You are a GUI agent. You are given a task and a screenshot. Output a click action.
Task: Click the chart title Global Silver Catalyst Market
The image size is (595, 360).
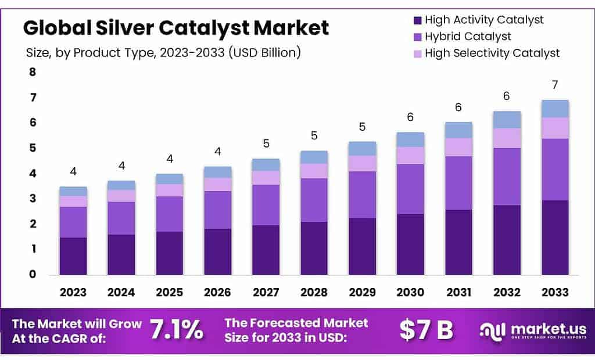pyautogui.click(x=176, y=27)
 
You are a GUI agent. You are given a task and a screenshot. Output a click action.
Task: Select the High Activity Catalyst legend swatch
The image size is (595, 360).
pyautogui.click(x=417, y=20)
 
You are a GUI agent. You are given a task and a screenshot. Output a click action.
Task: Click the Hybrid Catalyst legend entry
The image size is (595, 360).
pyautogui.click(x=468, y=37)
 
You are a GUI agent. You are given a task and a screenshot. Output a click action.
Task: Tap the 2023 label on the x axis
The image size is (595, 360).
pyautogui.click(x=73, y=292)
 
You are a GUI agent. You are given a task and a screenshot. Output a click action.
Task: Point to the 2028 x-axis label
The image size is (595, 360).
pyautogui.click(x=314, y=292)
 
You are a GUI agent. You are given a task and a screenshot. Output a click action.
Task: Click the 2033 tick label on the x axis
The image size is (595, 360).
pyautogui.click(x=555, y=292)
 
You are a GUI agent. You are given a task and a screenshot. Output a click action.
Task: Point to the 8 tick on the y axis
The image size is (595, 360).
pyautogui.click(x=33, y=72)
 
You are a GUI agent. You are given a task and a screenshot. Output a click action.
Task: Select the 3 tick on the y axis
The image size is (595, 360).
pyautogui.click(x=33, y=199)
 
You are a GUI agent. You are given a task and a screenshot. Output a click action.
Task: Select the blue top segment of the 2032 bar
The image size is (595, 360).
pyautogui.click(x=507, y=120)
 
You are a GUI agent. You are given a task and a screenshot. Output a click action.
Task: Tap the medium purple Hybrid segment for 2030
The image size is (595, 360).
pyautogui.click(x=410, y=189)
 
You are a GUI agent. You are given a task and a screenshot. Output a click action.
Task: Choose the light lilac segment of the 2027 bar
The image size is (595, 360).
pyautogui.click(x=266, y=178)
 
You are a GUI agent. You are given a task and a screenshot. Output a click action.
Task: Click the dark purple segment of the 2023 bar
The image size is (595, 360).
pyautogui.click(x=73, y=255)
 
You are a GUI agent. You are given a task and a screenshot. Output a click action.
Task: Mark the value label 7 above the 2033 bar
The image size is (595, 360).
pyautogui.click(x=555, y=85)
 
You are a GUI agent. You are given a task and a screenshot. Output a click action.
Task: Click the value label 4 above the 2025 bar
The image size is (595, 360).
pyautogui.click(x=170, y=159)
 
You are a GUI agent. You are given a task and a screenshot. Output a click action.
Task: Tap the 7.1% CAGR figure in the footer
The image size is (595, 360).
pyautogui.click(x=177, y=330)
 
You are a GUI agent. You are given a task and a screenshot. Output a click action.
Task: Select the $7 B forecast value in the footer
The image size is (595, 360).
pyautogui.click(x=426, y=330)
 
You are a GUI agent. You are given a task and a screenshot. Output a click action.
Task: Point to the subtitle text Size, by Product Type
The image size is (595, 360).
pyautogui.click(x=163, y=53)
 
